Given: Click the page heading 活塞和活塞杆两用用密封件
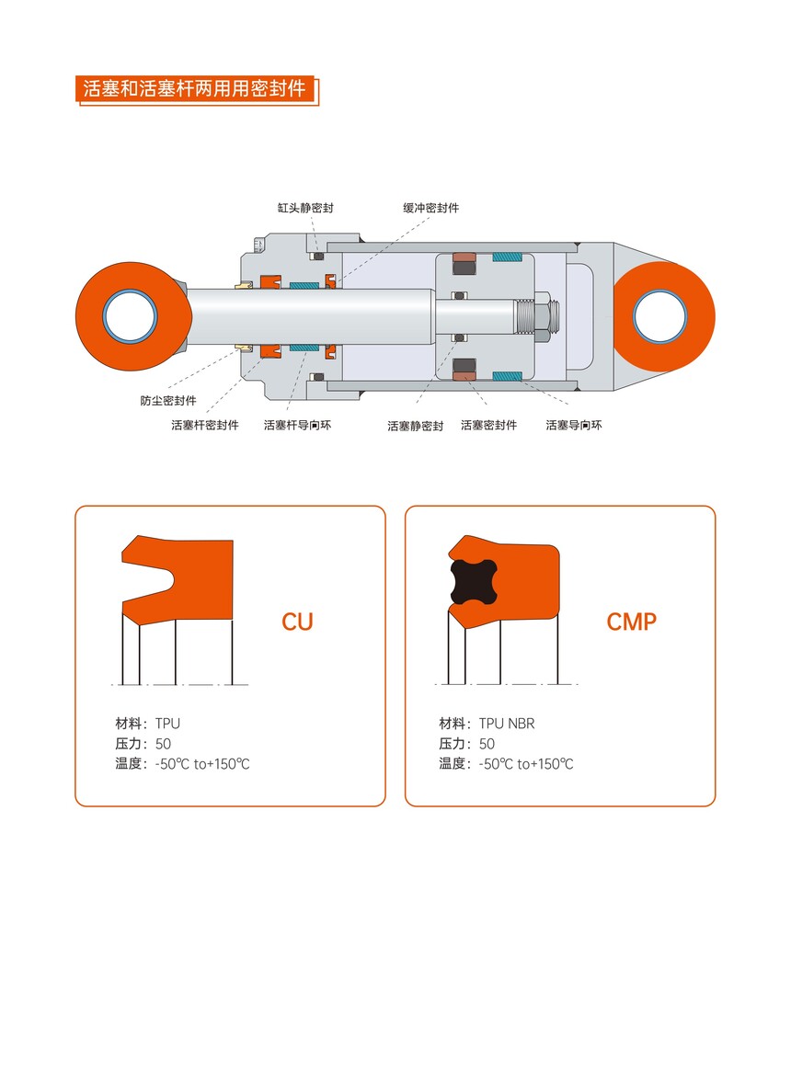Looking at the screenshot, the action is point(194,88).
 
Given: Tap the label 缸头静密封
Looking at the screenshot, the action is point(305,208).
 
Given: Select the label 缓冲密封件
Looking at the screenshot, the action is point(431,208).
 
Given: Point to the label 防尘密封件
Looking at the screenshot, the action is point(168,400).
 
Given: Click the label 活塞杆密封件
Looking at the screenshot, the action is point(205,425).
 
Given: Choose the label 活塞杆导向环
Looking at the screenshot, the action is point(298,425).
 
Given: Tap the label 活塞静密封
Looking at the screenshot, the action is point(416,426).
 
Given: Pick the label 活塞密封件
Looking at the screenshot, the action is point(488,425).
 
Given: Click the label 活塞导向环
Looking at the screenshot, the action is point(574,425).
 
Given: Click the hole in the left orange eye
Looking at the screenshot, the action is point(130,317).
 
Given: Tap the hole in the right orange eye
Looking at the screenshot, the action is point(659,317).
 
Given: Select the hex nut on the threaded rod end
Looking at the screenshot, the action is point(541,317).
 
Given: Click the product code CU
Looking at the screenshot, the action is point(298,622).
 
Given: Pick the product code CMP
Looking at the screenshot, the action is point(632,622).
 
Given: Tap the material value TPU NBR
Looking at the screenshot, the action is point(507,724).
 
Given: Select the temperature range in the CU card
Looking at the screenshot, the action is point(202,764).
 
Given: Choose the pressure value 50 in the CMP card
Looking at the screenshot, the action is point(487,744).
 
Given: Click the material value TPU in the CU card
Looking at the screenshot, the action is point(167,724).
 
